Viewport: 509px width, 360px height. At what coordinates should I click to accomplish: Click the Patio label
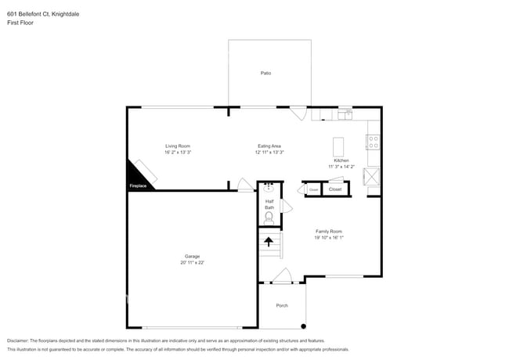pyautogui.click(x=266, y=73)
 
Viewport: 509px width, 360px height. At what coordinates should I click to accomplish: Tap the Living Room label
pyautogui.click(x=177, y=146)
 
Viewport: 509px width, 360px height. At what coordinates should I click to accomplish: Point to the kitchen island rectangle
pyautogui.click(x=339, y=147)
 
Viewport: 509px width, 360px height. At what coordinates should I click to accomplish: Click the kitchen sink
pyautogui.click(x=344, y=116)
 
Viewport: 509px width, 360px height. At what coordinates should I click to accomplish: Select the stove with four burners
pyautogui.click(x=374, y=143)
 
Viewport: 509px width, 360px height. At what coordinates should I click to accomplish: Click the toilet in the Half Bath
pyautogui.click(x=269, y=218)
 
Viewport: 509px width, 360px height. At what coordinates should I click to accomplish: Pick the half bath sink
pyautogui.click(x=269, y=188)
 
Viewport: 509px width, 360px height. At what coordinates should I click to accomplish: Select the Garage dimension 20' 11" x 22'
pyautogui.click(x=192, y=262)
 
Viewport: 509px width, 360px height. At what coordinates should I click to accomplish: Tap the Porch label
pyautogui.click(x=281, y=305)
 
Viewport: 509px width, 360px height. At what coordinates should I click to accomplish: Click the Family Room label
pyautogui.click(x=329, y=232)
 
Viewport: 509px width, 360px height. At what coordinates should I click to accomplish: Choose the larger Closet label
pyautogui.click(x=334, y=189)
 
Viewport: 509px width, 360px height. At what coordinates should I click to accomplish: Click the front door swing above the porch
pyautogui.click(x=282, y=275)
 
